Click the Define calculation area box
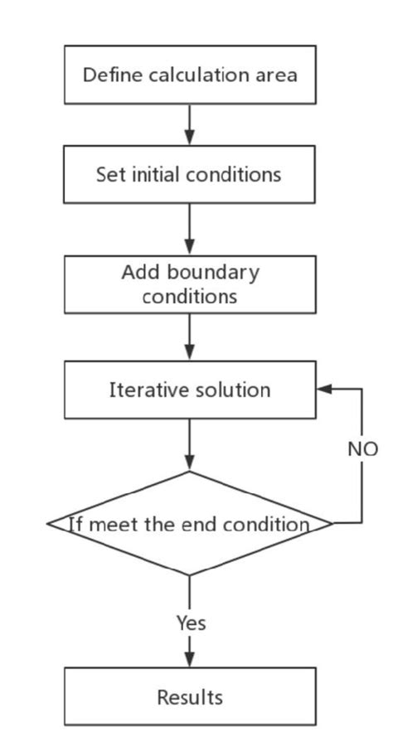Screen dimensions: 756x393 coord(190,75)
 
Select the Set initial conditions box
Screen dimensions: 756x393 coord(190,175)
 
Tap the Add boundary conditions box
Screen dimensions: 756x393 coord(190,284)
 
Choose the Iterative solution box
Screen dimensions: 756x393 coord(190,390)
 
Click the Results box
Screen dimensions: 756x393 coord(190,697)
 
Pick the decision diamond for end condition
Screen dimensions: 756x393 coord(190,524)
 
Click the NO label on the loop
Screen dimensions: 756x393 coord(362,449)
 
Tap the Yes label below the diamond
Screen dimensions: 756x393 coord(190,623)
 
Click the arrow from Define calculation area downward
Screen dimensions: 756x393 coord(190,124)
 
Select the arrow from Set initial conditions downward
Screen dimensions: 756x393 coord(190,229)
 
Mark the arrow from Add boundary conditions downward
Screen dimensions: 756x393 coord(190,337)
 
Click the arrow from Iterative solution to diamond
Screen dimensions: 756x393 coord(190,445)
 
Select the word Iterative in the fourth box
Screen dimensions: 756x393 coord(142,390)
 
